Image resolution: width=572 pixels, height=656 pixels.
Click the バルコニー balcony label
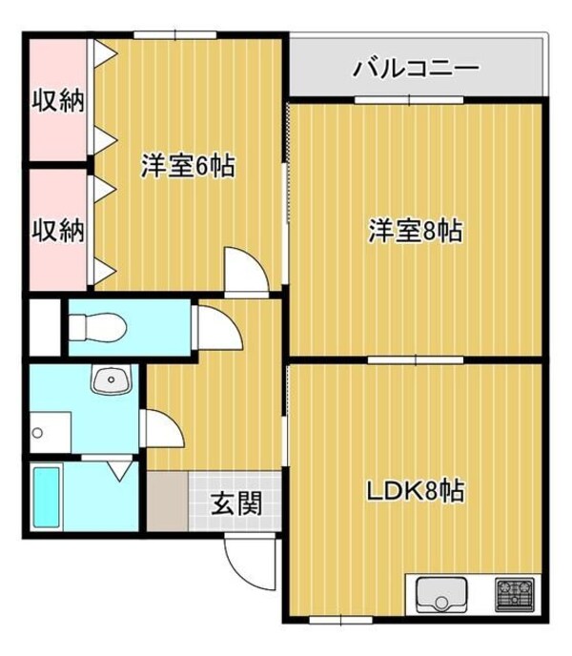[x=416, y=68]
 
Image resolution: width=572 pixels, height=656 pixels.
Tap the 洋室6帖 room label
[x=188, y=166]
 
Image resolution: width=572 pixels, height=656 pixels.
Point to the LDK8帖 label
[x=416, y=491]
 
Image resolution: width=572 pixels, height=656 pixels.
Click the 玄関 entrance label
[x=236, y=502]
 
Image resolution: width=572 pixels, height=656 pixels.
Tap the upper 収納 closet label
[x=58, y=100]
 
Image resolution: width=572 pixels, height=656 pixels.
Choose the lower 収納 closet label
[x=58, y=230]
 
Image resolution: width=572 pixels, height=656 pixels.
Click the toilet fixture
[x=97, y=327]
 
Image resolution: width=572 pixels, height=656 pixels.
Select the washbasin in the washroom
[x=112, y=379]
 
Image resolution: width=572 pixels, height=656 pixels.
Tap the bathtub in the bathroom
[x=47, y=497]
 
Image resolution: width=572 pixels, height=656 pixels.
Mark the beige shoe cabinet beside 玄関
[x=168, y=502]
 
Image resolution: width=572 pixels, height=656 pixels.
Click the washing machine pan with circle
[x=51, y=432]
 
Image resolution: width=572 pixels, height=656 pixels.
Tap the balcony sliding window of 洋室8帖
[x=410, y=99]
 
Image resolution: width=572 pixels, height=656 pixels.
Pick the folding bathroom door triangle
[x=120, y=471]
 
